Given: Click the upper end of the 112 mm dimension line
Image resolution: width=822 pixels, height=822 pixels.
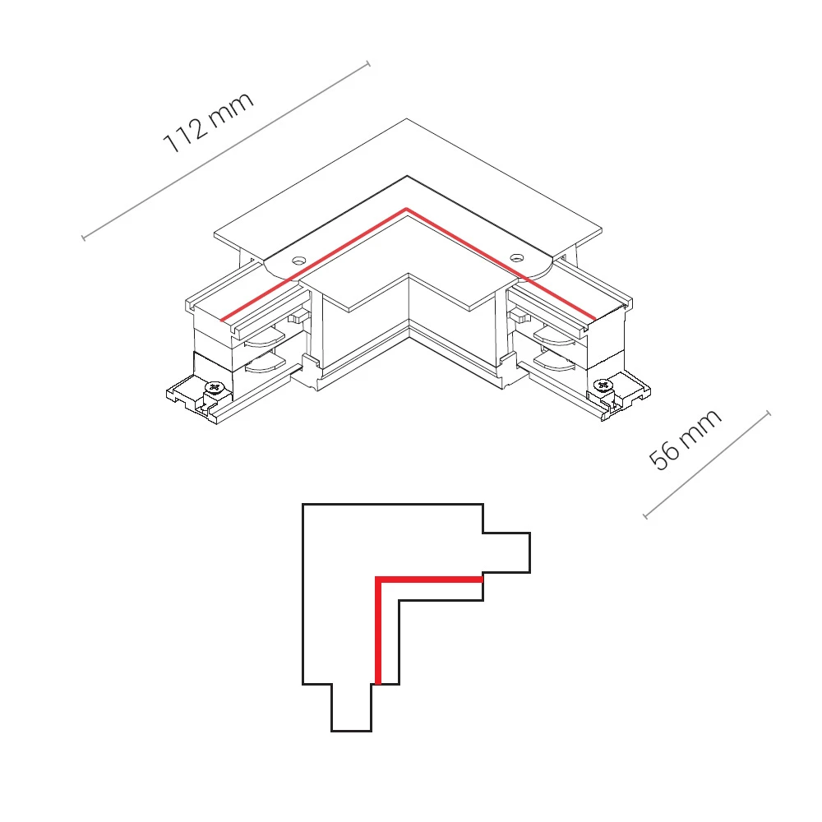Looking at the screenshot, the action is coord(368,64).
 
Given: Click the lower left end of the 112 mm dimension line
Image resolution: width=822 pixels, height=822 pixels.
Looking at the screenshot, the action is coord(83,238).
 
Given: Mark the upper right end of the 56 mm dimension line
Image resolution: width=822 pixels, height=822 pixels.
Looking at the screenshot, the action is coord(769,413).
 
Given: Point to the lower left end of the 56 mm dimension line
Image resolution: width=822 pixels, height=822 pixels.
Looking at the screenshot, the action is coord(645,516).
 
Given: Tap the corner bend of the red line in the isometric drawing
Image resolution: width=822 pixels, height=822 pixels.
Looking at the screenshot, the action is coord(406,210).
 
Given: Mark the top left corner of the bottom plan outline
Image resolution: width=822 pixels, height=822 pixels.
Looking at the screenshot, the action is coord(303,505).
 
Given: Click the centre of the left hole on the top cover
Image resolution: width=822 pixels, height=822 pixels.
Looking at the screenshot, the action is coord(299,260).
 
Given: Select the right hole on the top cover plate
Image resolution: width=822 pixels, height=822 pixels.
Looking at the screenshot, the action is coord(517,257).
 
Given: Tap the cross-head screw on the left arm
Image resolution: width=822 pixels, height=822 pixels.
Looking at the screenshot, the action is coord(214,387).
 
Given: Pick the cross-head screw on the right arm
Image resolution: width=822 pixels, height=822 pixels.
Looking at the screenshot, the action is coord(603,386).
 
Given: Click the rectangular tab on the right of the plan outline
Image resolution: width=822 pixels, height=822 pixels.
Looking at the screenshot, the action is coord(506,552).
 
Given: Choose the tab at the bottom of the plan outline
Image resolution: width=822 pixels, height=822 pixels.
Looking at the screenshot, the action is coord(351,707).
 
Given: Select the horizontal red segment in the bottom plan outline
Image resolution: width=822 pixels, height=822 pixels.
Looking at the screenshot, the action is coord(429,580).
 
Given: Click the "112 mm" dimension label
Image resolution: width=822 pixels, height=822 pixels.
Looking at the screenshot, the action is coord(209,122).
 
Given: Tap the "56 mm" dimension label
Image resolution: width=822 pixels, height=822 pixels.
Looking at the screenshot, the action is coord(685,439).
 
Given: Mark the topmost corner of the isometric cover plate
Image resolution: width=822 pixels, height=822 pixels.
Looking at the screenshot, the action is coord(406,118).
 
